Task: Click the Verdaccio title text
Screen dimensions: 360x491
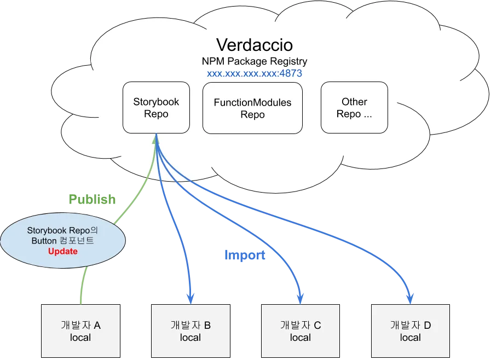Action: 254,44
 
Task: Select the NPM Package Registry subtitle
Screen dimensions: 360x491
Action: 254,61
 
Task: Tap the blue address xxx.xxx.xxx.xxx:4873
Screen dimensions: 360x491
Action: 254,73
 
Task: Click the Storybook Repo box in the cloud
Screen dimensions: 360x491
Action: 156,108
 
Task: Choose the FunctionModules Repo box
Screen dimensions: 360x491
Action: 252,108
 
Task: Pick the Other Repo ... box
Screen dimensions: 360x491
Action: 354,108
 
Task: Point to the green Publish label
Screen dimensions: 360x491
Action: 92,200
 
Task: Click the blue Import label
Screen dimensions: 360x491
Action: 245,256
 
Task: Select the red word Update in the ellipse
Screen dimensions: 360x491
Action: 62,252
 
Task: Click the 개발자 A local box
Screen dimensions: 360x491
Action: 80,332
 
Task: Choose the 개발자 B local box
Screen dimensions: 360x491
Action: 190,332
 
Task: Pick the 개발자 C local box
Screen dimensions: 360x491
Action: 300,332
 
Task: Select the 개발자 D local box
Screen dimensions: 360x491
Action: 410,332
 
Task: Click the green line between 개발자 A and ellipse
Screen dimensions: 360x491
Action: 83,286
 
